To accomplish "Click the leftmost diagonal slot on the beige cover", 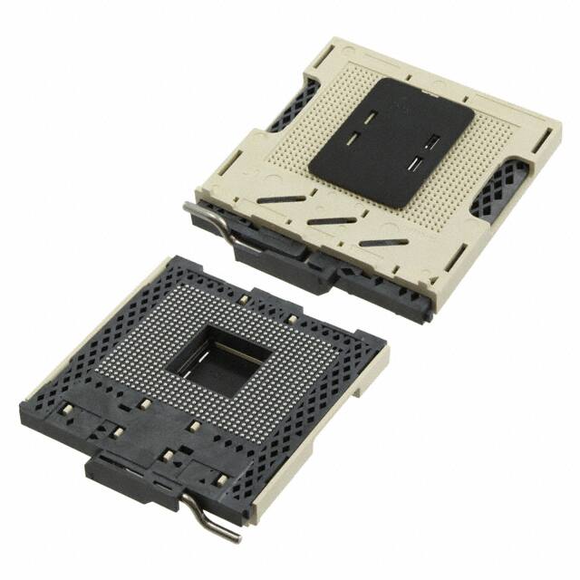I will pos(276,201).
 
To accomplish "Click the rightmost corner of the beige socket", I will pos(555,123).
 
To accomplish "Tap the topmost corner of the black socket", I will pos(182,257).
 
